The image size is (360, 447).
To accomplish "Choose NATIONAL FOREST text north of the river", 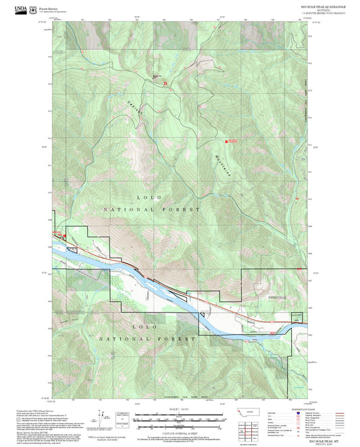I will coord(152,210).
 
